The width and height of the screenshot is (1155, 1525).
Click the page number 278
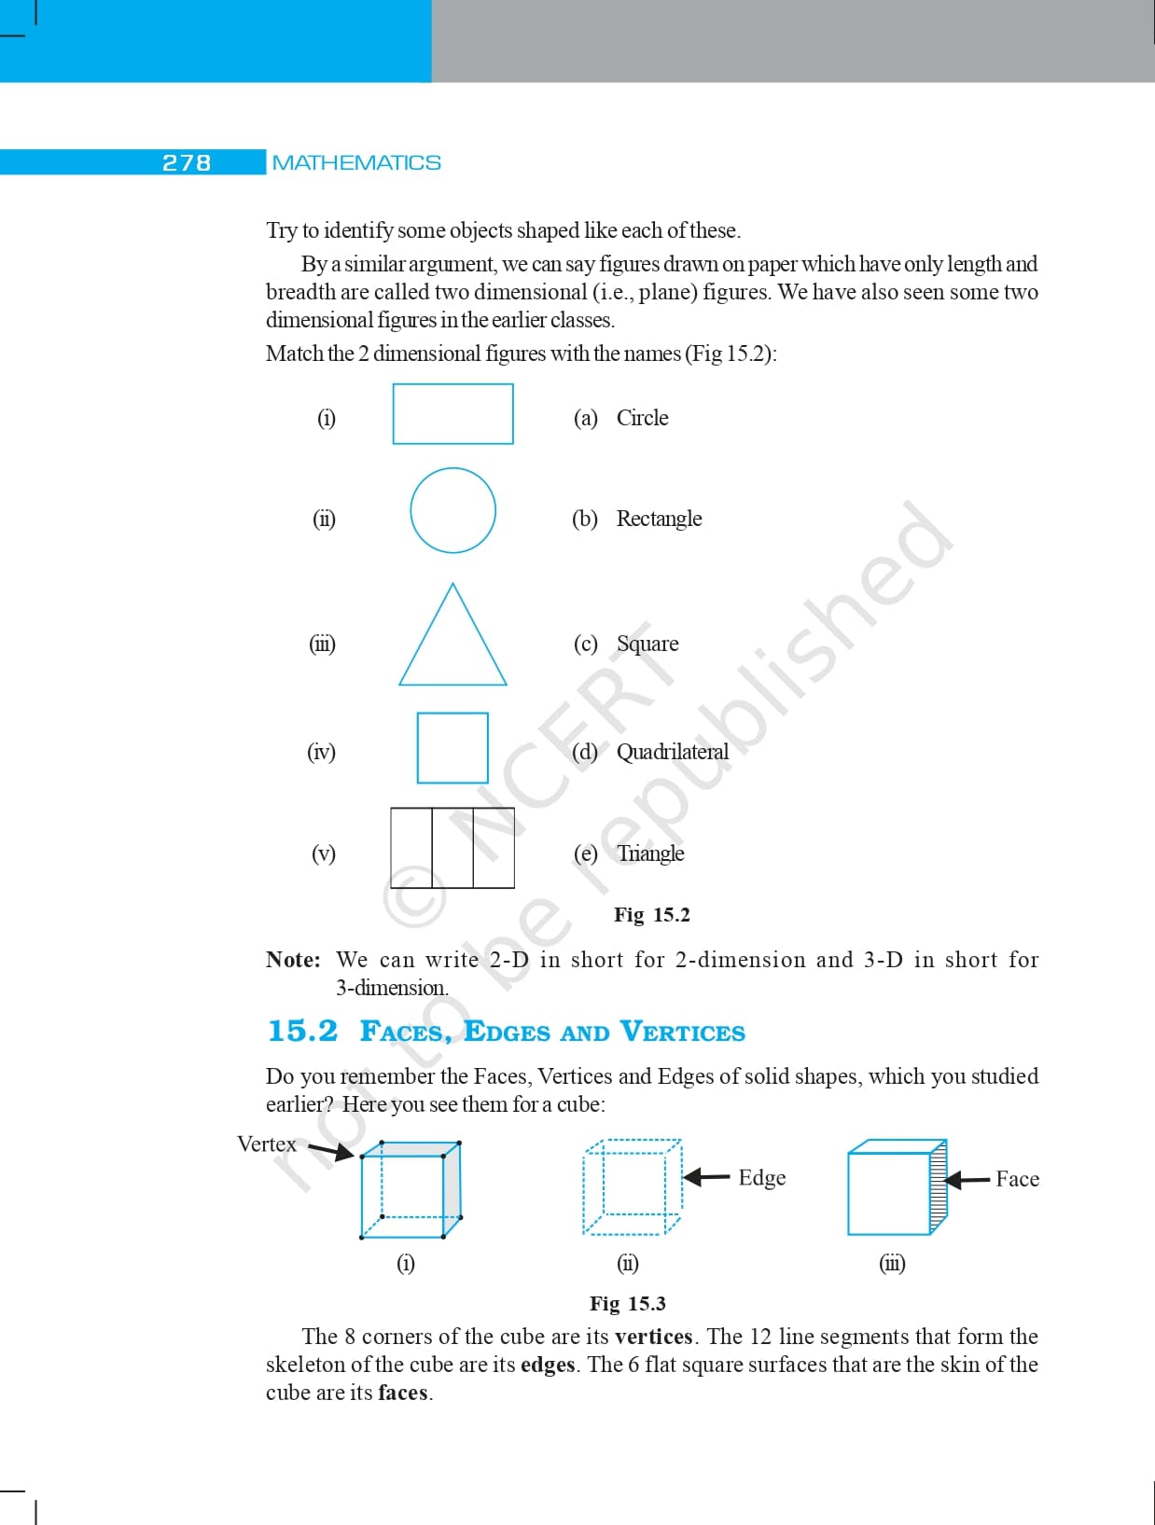187,162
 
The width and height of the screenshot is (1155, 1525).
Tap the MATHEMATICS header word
356,162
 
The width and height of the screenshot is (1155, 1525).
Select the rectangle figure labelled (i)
452,414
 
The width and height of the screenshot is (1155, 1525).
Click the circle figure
452,510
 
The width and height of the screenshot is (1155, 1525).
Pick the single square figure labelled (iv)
452,748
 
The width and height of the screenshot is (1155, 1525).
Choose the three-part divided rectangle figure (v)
452,848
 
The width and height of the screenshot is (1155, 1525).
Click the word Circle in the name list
642,418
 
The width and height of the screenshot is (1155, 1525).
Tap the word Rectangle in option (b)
659,519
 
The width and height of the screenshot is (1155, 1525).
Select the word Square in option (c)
647,644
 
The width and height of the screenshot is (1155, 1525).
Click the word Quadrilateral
673,752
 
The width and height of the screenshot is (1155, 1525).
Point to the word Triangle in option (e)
650,853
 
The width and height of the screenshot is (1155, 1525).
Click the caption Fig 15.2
652,915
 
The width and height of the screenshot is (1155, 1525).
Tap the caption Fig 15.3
628,1303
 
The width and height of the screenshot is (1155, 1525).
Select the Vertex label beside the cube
266,1144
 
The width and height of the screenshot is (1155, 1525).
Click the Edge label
762,1178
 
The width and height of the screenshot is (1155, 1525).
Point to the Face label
1017,1179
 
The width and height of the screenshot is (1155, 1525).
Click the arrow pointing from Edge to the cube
706,1177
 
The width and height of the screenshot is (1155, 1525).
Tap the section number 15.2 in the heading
302,1031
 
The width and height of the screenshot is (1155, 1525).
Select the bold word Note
292,960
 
